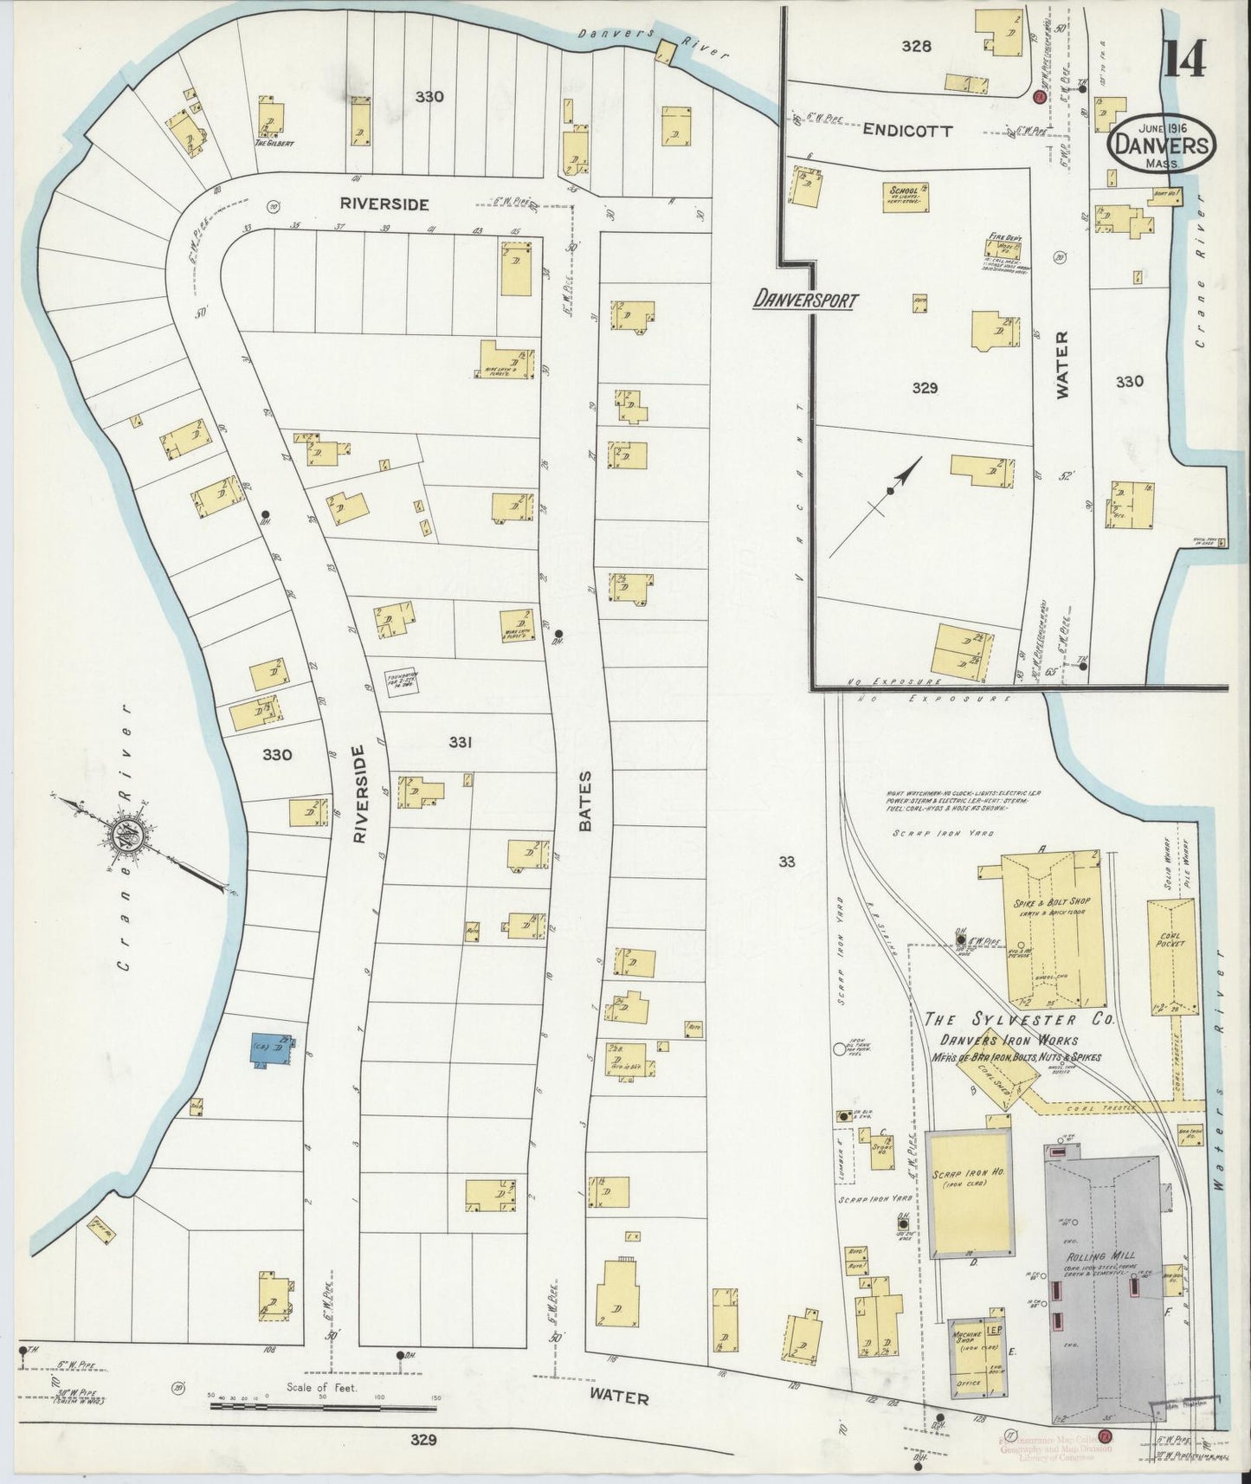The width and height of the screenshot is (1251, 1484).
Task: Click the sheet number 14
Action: point(1184,60)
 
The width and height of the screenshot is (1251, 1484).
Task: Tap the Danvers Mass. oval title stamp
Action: point(1162,140)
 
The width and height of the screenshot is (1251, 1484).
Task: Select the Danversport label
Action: point(805,301)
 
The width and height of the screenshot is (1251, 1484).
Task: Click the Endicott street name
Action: point(907,131)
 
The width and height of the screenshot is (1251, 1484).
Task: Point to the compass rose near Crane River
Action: point(124,836)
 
